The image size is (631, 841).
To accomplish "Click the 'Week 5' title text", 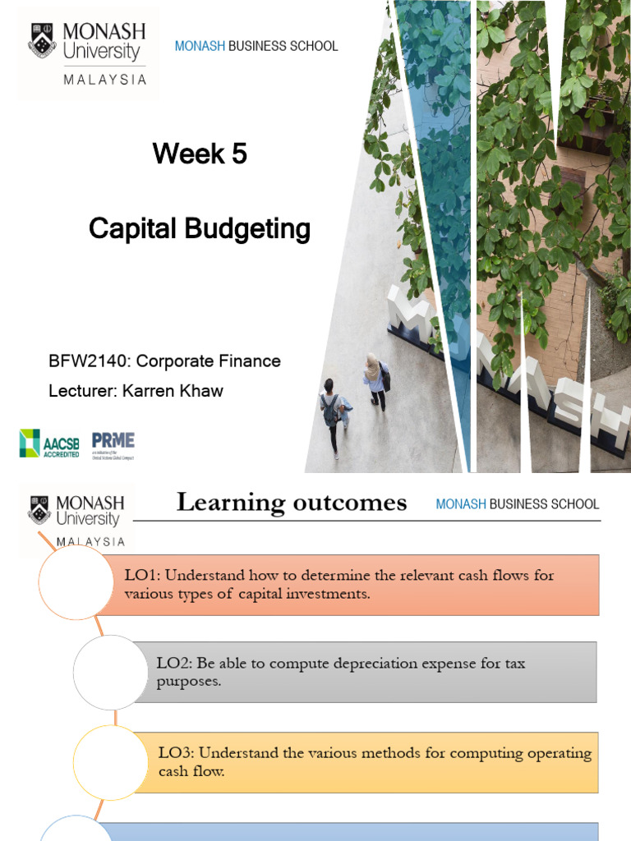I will (x=200, y=154).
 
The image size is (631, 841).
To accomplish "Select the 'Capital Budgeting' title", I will (x=200, y=229).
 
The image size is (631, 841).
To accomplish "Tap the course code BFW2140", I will (x=87, y=361).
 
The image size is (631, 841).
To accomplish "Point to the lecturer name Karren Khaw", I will (x=173, y=390).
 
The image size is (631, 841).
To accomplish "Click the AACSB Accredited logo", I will (x=50, y=443).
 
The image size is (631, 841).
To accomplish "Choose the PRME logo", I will (x=113, y=443).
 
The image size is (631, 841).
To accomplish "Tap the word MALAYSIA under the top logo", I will (x=104, y=80).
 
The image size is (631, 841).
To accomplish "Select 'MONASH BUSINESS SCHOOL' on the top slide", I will (x=256, y=46).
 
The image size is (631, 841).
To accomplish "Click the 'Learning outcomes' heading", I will (x=292, y=503).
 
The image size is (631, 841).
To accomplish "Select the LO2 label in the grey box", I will (x=173, y=662).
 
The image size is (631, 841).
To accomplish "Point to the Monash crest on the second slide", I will (x=39, y=508).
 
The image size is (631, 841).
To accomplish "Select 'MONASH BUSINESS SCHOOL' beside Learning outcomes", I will (x=518, y=504).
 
